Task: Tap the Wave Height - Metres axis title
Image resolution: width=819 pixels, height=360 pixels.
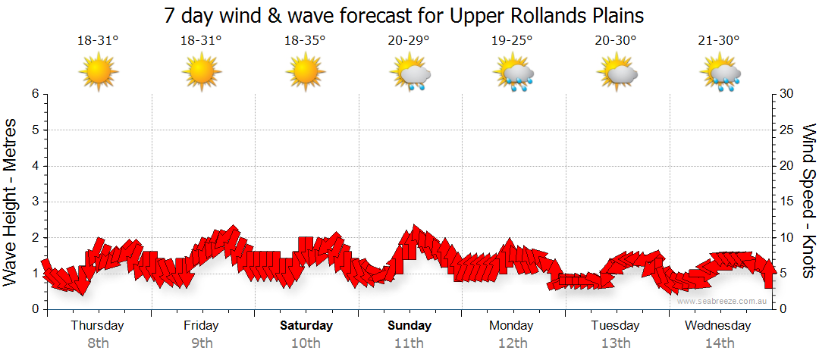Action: (11, 201)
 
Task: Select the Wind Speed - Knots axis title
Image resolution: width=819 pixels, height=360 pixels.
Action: (808, 201)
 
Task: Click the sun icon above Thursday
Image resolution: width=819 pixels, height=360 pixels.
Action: (98, 74)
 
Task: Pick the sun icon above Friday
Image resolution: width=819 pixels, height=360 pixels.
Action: (201, 74)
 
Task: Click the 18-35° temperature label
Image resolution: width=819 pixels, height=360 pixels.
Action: (305, 41)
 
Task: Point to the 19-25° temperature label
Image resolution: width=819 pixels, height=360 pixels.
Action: (512, 41)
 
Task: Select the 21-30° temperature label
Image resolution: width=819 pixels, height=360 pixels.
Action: (719, 41)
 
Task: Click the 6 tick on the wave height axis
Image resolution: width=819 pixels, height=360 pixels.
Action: (34, 94)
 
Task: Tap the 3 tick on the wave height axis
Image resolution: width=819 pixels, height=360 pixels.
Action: (34, 202)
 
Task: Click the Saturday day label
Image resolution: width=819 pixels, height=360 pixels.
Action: (306, 326)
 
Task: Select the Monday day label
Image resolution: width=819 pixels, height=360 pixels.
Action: (512, 326)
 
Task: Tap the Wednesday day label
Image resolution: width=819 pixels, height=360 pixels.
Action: (718, 326)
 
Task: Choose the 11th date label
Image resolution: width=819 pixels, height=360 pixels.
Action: (409, 343)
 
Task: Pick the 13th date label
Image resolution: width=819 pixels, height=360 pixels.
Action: (616, 343)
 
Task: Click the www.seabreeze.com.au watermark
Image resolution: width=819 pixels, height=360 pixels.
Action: (723, 301)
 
